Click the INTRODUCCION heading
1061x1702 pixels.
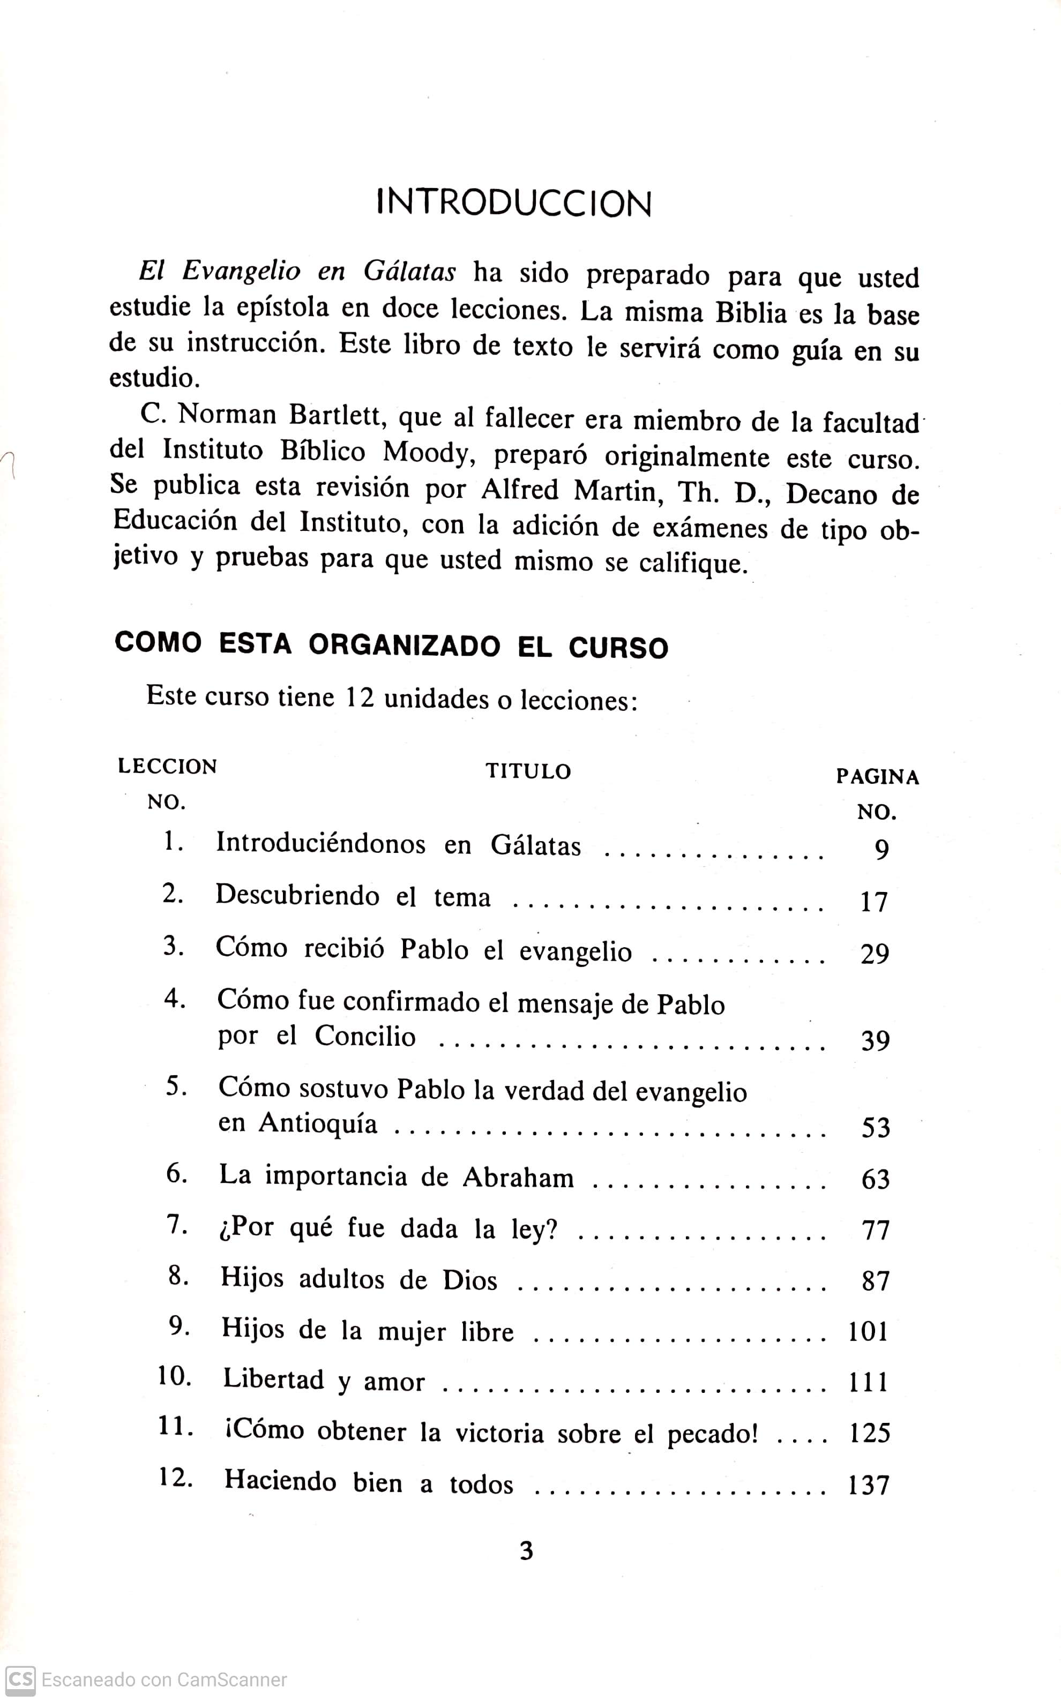pos(514,204)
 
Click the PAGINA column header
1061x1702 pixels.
pos(877,777)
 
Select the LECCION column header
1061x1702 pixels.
pos(168,766)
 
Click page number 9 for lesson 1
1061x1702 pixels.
pos(881,850)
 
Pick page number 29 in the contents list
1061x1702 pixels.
pos(875,954)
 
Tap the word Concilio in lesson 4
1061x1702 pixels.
pos(365,1036)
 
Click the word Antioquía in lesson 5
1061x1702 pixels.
pos(318,1123)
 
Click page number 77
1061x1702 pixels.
pos(875,1230)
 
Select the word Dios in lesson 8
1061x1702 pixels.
pos(469,1280)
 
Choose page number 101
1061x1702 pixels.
pos(869,1332)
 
